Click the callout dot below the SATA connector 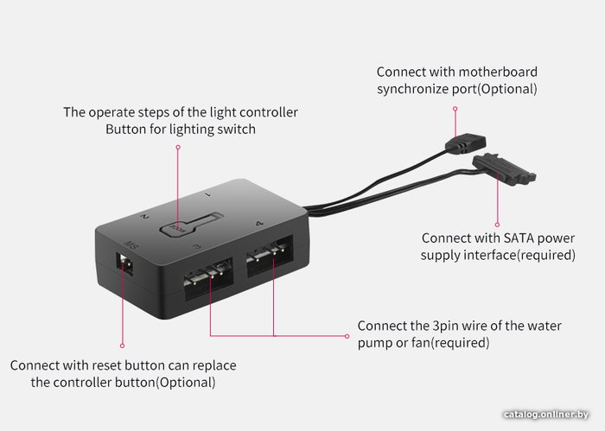coord(495,219)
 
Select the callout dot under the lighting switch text coord(177,147)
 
